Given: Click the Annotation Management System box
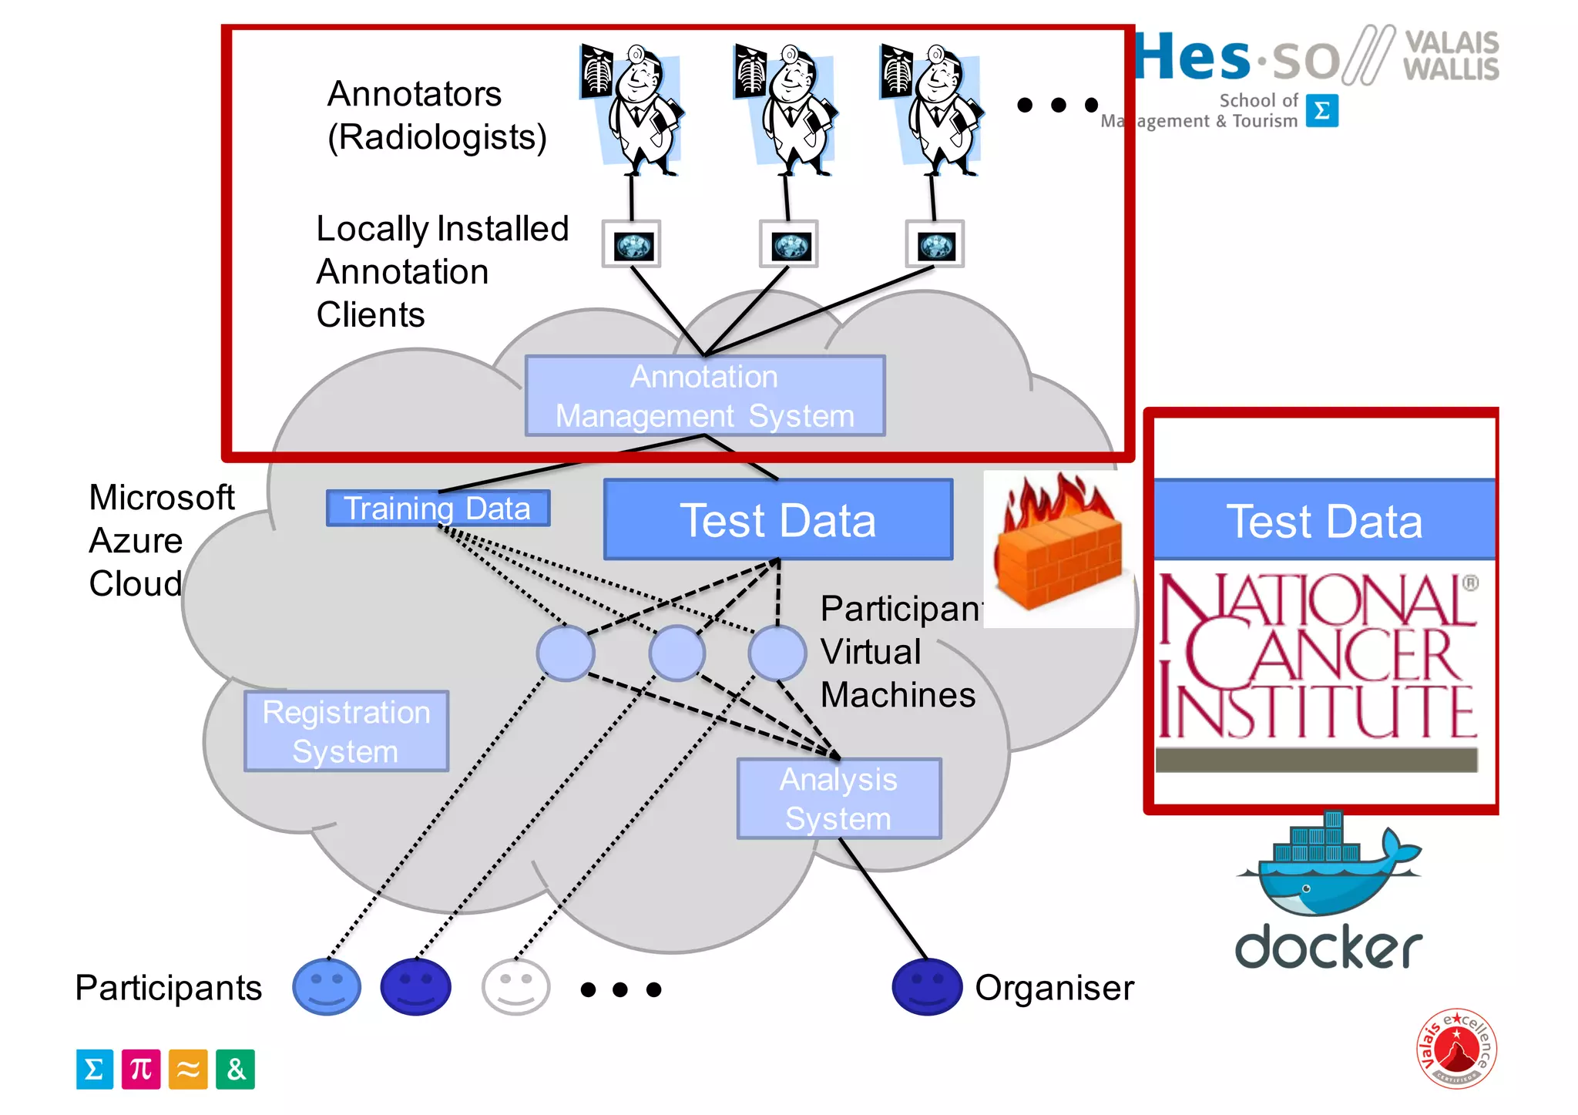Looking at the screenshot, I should click(x=705, y=396).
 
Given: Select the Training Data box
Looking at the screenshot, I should click(x=438, y=509).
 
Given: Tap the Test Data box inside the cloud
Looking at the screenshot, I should click(x=778, y=520).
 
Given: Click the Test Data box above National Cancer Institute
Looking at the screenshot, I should click(x=1324, y=521).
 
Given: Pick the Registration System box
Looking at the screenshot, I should click(x=346, y=731).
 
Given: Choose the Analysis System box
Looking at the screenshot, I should click(x=838, y=799).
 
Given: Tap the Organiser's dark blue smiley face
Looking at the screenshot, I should click(x=927, y=987).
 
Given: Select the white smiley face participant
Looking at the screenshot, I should click(x=515, y=987).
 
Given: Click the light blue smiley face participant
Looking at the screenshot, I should click(x=327, y=987).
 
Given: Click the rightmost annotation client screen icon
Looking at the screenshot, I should click(x=935, y=245).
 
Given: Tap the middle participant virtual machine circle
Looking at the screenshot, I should click(x=677, y=653).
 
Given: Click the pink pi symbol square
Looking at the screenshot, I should click(x=141, y=1070).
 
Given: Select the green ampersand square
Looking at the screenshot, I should click(x=235, y=1070).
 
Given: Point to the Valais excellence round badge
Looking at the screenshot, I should click(x=1456, y=1048).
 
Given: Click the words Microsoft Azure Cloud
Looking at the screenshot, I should click(x=160, y=540).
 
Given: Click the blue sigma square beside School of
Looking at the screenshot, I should click(x=1321, y=111).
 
